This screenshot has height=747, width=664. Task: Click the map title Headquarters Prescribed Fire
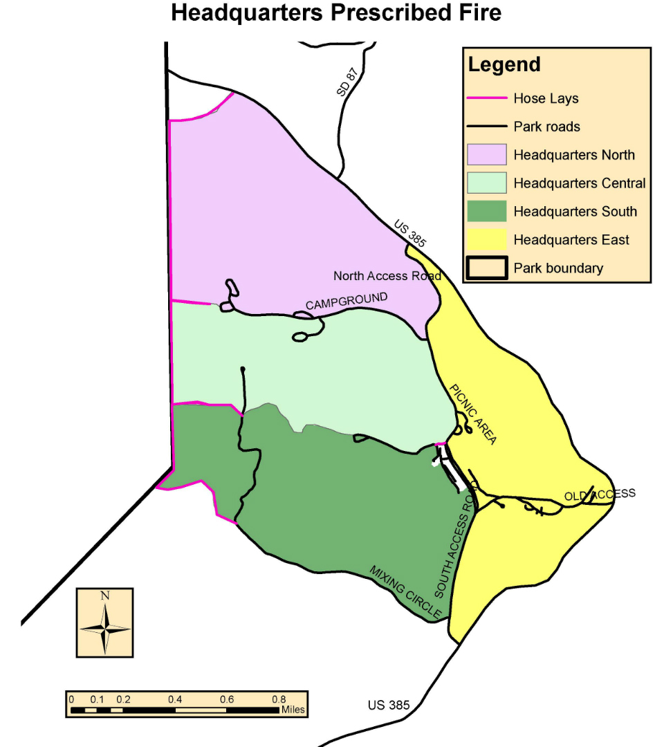coord(336,13)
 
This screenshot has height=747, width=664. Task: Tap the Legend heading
coord(504,65)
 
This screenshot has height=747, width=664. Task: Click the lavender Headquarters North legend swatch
coord(487,154)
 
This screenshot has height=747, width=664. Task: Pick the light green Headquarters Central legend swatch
coord(487,183)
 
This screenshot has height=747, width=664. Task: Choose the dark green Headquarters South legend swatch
coord(487,212)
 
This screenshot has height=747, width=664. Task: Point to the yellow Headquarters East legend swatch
coord(487,240)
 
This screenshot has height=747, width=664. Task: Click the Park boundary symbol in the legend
coord(487,268)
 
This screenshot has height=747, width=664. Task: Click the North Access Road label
coord(387,276)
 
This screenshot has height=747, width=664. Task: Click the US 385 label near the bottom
coord(389,705)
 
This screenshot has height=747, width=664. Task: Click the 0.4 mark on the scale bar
coord(174,699)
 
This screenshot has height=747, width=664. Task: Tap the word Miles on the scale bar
coord(292,710)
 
